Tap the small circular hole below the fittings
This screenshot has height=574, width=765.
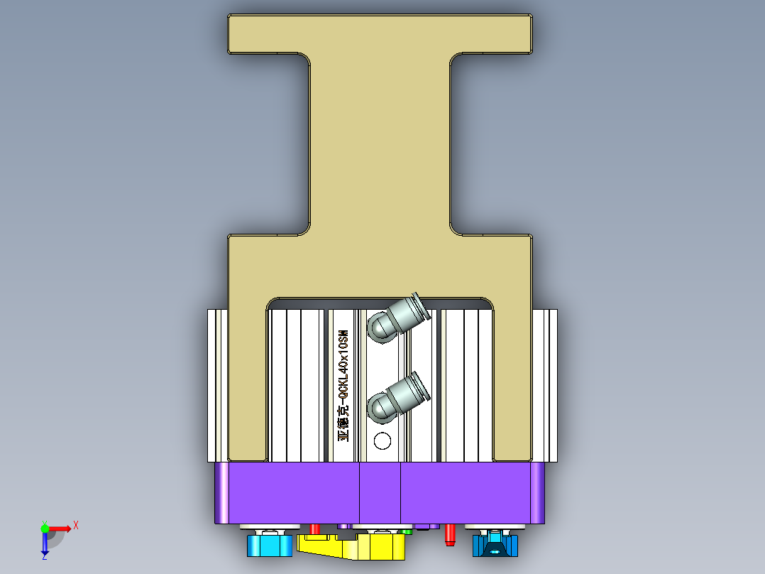tap(382, 441)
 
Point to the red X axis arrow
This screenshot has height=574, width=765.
tap(60, 528)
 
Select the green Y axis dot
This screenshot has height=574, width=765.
tap(44, 528)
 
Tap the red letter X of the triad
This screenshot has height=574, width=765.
tap(75, 525)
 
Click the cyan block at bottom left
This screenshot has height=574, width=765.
tap(269, 546)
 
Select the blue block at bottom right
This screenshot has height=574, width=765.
tap(495, 546)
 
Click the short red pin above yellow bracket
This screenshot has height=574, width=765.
tap(314, 529)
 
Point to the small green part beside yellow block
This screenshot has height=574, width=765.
tap(407, 531)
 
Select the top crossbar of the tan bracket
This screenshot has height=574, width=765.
tap(380, 33)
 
